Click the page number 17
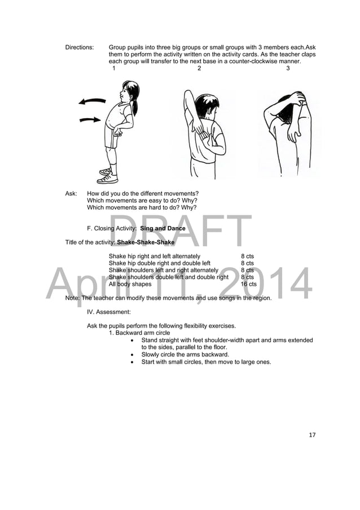click(x=312, y=435)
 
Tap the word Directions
click(x=80, y=47)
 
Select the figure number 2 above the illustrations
click(x=199, y=69)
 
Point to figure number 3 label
click(x=288, y=69)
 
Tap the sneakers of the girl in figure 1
click(x=107, y=175)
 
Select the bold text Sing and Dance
click(x=163, y=229)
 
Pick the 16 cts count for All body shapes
click(x=248, y=284)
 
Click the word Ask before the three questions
click(x=71, y=194)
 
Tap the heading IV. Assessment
click(x=108, y=311)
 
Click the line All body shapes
click(x=130, y=284)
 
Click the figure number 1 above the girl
click(x=114, y=69)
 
